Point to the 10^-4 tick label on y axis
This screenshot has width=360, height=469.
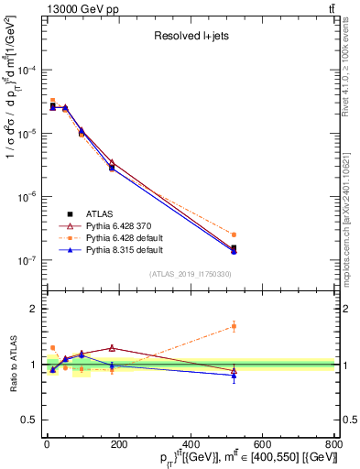(x=27, y=71)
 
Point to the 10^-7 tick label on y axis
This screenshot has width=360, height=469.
(x=27, y=260)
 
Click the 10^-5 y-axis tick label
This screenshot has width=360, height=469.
(x=27, y=134)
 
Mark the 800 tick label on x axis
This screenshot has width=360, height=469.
(x=333, y=444)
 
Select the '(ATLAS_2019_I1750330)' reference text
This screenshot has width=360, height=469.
(x=191, y=274)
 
